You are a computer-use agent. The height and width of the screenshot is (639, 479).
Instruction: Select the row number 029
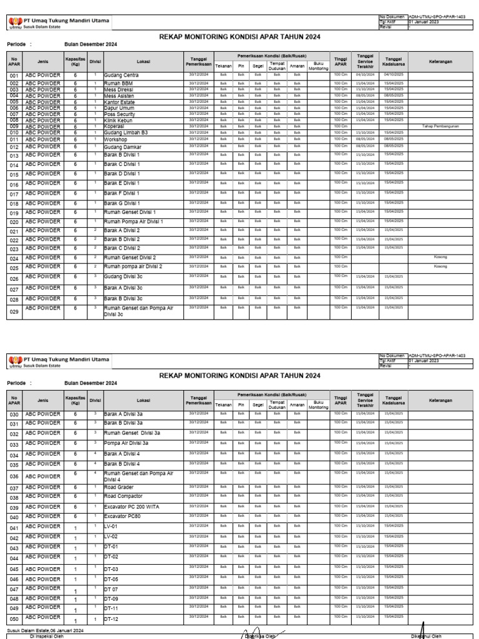click(14, 313)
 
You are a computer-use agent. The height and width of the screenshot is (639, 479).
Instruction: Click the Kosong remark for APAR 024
click(440, 257)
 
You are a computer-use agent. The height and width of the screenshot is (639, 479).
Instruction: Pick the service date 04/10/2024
click(364, 74)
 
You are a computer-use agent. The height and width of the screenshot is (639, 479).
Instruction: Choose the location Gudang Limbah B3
click(125, 132)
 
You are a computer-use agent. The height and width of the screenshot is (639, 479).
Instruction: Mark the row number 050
click(14, 619)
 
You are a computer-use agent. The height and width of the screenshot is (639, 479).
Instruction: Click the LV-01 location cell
click(110, 527)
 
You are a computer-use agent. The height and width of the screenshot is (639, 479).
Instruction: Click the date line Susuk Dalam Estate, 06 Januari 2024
click(46, 631)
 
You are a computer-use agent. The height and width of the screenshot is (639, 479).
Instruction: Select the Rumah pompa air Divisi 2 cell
click(133, 266)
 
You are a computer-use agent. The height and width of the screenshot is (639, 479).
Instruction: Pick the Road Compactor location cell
click(123, 497)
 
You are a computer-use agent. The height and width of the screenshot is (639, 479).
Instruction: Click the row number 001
click(14, 76)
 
